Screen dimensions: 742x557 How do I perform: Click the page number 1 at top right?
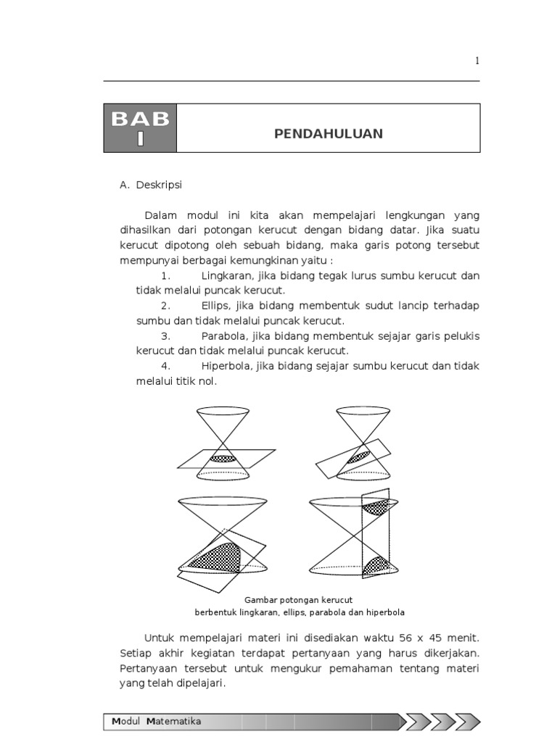pos(477,62)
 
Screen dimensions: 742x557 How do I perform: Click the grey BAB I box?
pos(140,128)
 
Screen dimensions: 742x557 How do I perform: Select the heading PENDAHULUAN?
pos(329,134)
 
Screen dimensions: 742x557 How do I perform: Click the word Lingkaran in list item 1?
pos(225,276)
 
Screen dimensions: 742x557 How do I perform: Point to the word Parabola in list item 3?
pos(223,336)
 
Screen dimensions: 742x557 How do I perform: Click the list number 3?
pos(165,336)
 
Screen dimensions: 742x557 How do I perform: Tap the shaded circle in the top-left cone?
pos(223,458)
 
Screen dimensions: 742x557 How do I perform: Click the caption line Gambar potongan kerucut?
pos(298,600)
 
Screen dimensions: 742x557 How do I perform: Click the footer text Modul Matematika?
pos(157,721)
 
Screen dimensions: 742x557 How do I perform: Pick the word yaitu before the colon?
pos(311,261)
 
